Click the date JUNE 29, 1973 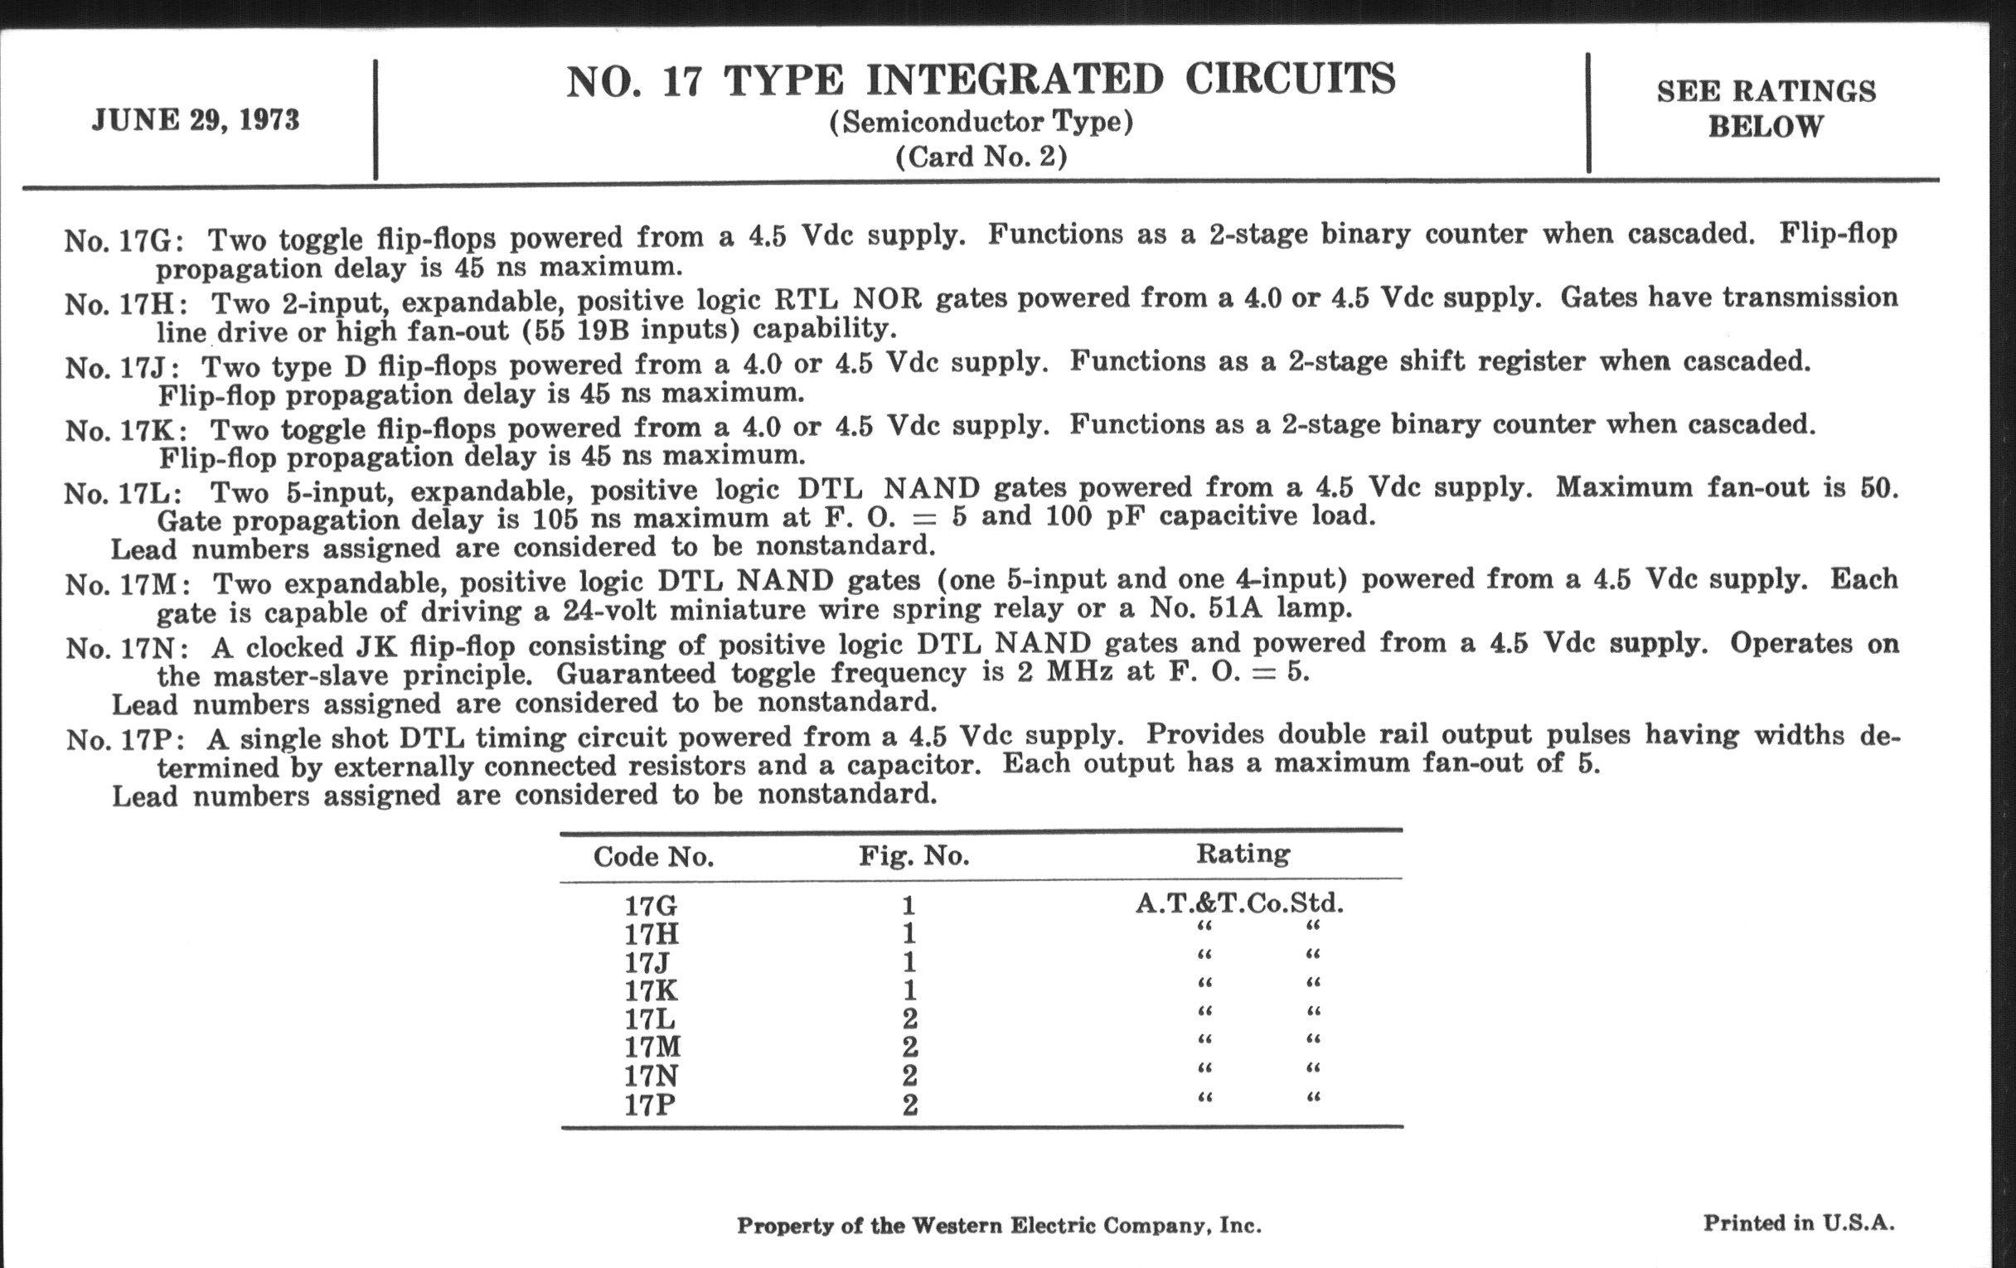pyautogui.click(x=195, y=120)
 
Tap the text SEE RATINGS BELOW pyautogui.click(x=1766, y=109)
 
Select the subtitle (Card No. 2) pyautogui.click(x=981, y=157)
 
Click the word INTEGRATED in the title pyautogui.click(x=1014, y=80)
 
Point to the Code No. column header pyautogui.click(x=653, y=856)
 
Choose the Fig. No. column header pyautogui.click(x=913, y=855)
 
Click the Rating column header pyautogui.click(x=1243, y=853)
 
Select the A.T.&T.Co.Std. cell pyautogui.click(x=1239, y=903)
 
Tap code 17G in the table pyautogui.click(x=651, y=906)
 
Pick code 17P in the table pyautogui.click(x=650, y=1105)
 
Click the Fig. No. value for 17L pyautogui.click(x=910, y=1019)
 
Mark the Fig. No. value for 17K pyautogui.click(x=909, y=990)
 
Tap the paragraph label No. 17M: pyautogui.click(x=128, y=583)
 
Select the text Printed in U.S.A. pyautogui.click(x=1798, y=1222)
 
